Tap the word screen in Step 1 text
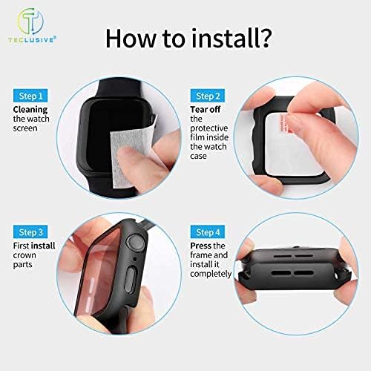coord(24,128)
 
